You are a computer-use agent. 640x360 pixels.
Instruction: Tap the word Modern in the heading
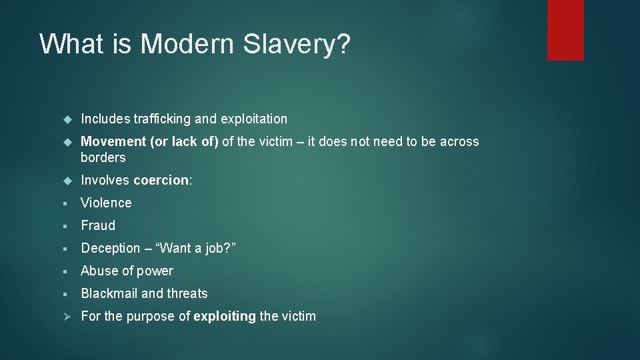pos(187,44)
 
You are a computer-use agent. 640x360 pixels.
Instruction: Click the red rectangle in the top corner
pos(565,30)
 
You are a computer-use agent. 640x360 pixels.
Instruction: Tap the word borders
pos(103,157)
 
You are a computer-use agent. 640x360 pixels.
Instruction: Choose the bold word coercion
pos(161,180)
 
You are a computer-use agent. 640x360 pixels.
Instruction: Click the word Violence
pos(106,203)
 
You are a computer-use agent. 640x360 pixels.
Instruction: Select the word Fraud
pos(98,225)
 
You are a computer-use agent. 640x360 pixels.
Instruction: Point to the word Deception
pos(111,248)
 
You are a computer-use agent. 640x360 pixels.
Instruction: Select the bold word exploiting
pos(225,316)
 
